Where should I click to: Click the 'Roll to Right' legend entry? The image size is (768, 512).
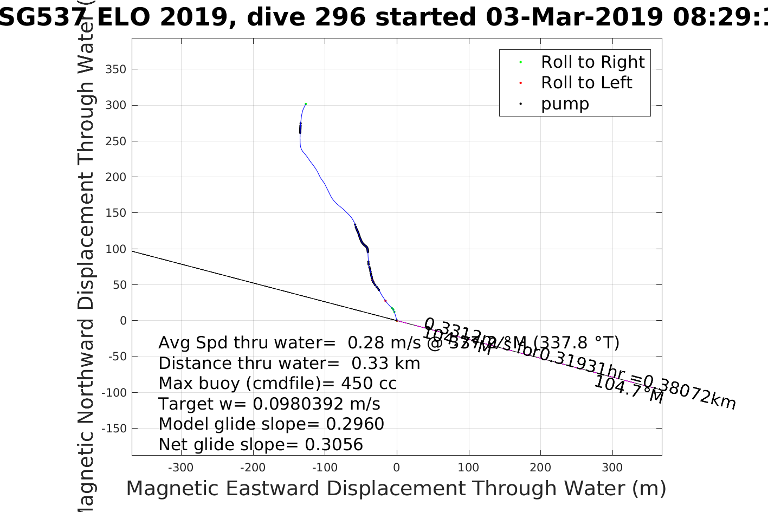[x=592, y=62]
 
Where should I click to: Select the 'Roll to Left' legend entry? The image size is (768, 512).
[x=586, y=83]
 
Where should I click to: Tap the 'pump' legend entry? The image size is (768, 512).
[x=565, y=103]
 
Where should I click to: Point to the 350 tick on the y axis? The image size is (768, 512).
[x=115, y=69]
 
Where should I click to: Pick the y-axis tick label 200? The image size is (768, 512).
[x=115, y=177]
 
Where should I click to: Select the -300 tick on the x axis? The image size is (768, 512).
[x=180, y=468]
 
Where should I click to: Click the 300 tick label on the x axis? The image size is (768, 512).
[x=612, y=468]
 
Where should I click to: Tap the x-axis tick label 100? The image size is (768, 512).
[x=468, y=468]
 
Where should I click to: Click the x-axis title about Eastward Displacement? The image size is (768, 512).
[x=396, y=489]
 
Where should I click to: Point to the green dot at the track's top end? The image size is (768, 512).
[x=306, y=103]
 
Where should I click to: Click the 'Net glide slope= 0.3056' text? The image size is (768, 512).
[x=261, y=445]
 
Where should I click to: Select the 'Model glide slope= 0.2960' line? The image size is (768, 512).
[x=271, y=424]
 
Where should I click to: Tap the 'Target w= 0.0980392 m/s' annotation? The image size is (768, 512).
[x=269, y=404]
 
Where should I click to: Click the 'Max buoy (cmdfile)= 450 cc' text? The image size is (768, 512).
[x=277, y=384]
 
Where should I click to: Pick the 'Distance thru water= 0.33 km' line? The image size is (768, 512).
[x=289, y=363]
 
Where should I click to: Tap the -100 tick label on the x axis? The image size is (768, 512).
[x=325, y=468]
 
